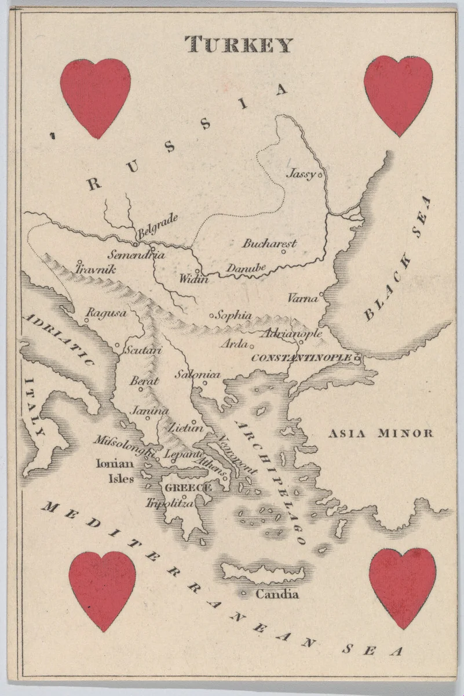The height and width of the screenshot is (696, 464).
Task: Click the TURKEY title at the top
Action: tap(239, 45)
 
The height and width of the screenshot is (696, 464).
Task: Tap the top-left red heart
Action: tap(96, 96)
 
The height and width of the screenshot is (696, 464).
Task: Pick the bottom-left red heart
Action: tap(103, 589)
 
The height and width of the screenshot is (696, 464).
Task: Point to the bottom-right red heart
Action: tap(402, 586)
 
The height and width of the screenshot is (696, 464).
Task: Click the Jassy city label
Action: tap(302, 173)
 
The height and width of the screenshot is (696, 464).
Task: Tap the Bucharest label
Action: tap(269, 244)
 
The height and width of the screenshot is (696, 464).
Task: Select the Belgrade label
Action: tap(158, 226)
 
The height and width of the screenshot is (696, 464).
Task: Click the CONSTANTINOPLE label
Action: tap(301, 358)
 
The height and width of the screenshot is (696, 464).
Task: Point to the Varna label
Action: tap(302, 299)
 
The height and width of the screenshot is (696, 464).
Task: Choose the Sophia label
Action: tap(233, 316)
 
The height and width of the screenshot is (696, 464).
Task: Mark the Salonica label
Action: tap(198, 375)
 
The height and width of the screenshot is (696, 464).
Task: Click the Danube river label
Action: tap(246, 269)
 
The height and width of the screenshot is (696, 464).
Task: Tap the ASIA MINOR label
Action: tap(381, 433)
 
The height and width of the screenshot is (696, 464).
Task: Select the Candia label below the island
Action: tap(277, 594)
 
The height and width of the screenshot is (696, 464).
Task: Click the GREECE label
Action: tap(188, 488)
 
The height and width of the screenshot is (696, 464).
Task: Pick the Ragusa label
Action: tap(106, 313)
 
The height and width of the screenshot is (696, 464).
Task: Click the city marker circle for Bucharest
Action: tap(284, 251)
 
